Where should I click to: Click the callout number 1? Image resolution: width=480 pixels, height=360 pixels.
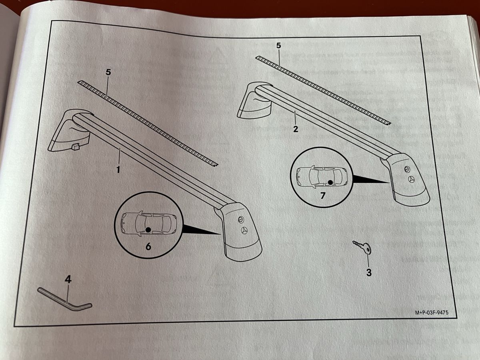(x=118, y=170)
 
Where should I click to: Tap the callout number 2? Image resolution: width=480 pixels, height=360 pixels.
(x=296, y=129)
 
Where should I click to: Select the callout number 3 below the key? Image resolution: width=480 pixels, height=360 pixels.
(x=369, y=272)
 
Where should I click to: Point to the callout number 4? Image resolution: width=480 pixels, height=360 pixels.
(x=68, y=280)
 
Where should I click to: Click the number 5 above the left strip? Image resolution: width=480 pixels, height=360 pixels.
(x=108, y=72)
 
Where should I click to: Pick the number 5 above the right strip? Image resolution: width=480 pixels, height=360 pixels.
(x=278, y=46)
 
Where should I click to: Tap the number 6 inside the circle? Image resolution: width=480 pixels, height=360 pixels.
(x=148, y=246)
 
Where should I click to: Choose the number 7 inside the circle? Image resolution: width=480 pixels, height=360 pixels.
(x=323, y=196)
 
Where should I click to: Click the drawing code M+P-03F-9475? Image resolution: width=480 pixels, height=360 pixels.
(x=432, y=312)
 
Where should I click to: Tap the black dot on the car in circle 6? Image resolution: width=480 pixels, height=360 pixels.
(x=148, y=230)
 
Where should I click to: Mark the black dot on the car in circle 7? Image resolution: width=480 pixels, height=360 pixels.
(x=331, y=182)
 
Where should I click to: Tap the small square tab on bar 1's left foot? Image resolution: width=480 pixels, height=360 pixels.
(x=76, y=147)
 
